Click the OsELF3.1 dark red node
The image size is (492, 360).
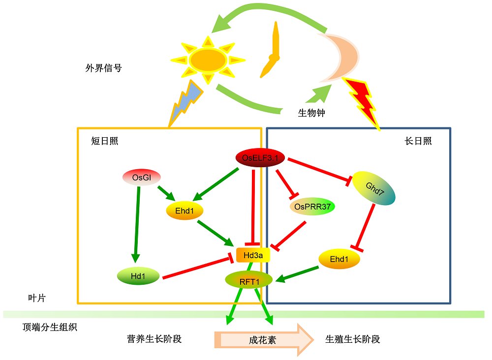click(260, 157)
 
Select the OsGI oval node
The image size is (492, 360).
click(142, 178)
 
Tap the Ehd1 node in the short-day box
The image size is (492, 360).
click(184, 210)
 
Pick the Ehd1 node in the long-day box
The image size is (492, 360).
click(339, 259)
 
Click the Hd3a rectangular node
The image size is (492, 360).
click(253, 255)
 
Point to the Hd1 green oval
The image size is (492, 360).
click(138, 276)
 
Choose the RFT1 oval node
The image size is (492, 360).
click(249, 280)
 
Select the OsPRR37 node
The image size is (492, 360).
click(312, 207)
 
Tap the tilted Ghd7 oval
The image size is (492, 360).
click(374, 188)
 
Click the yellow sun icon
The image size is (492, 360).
click(208, 60)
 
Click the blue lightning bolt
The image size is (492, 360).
click(186, 103)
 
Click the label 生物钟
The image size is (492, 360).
click(311, 113)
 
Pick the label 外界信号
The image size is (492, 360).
click(103, 68)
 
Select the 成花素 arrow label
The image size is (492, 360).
click(262, 340)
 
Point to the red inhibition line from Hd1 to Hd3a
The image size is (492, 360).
click(198, 268)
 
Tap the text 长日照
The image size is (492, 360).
click(418, 141)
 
